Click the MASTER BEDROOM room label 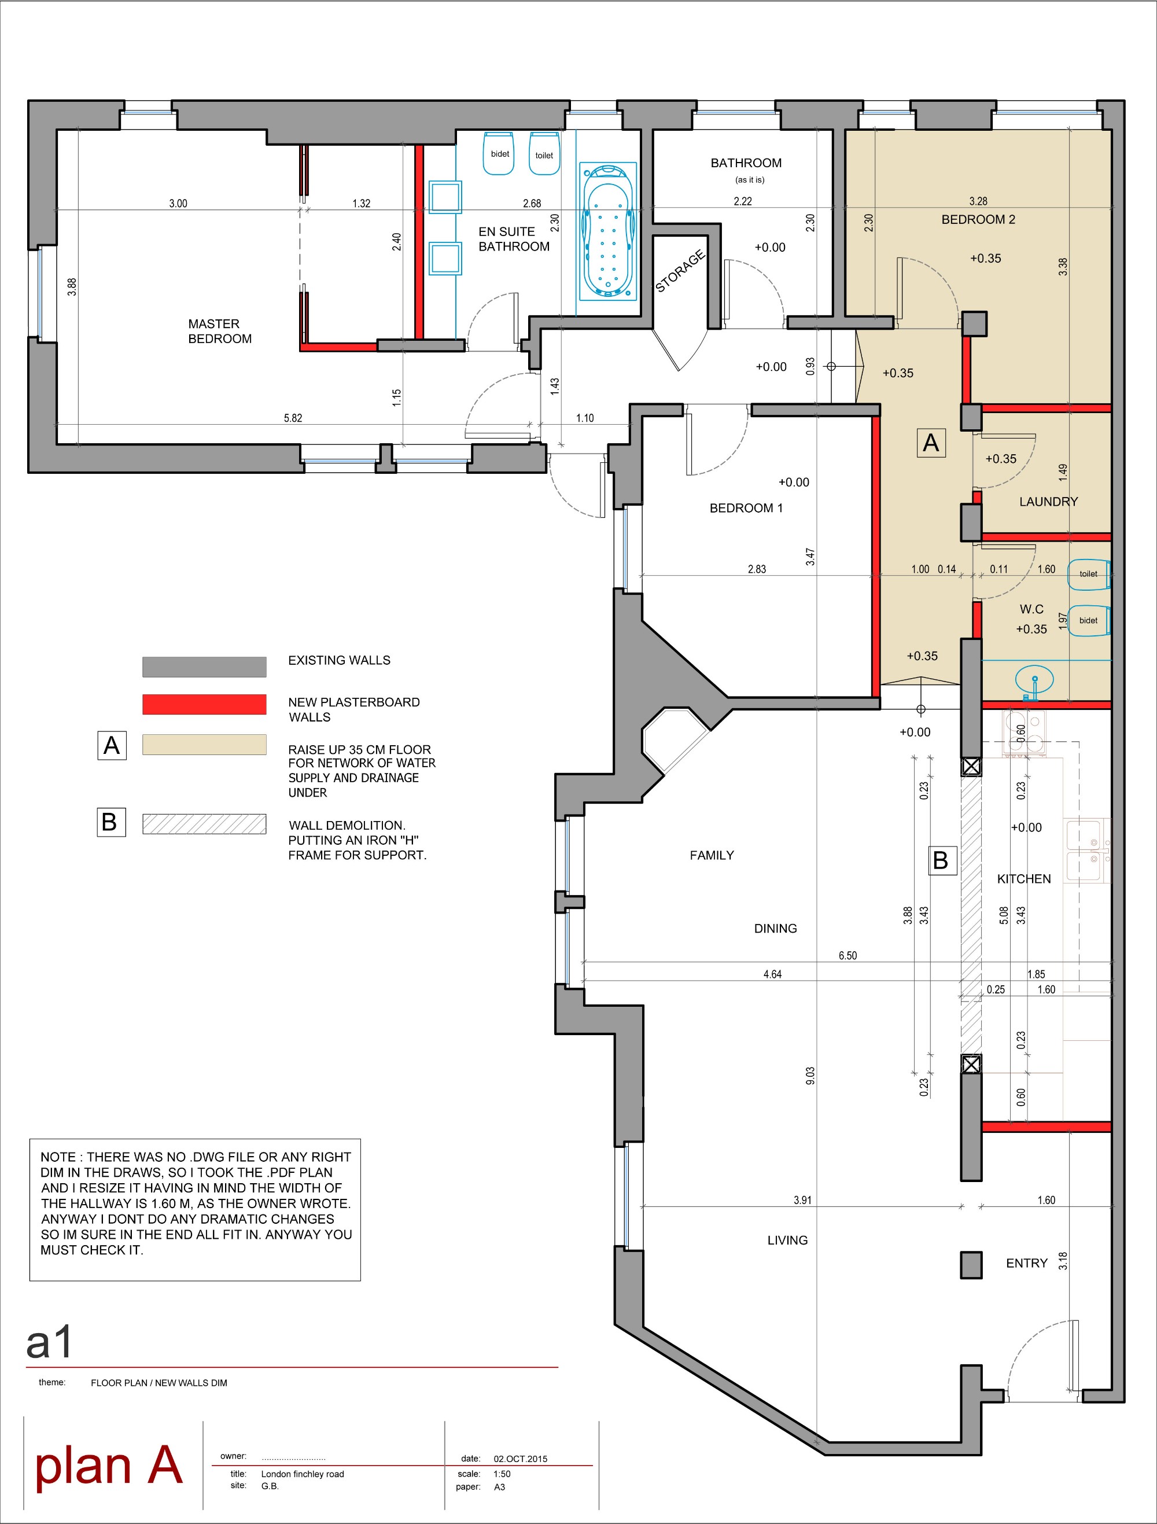pos(220,331)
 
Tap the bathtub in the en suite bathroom pos(607,231)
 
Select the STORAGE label pos(680,271)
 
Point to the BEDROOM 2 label pos(978,220)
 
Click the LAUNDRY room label pos(1048,502)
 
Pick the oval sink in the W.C pos(1034,679)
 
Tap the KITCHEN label pos(1024,878)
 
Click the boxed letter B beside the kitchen pos(941,860)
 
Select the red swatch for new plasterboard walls pos(204,704)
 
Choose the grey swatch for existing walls pos(204,666)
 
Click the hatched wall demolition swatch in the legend pos(204,824)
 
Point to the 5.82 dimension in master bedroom pos(293,418)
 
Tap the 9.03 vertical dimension pos(810,1076)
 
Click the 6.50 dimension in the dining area pos(848,955)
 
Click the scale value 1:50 pos(502,1474)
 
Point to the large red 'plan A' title pos(109,1466)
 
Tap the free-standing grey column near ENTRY pos(971,1265)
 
